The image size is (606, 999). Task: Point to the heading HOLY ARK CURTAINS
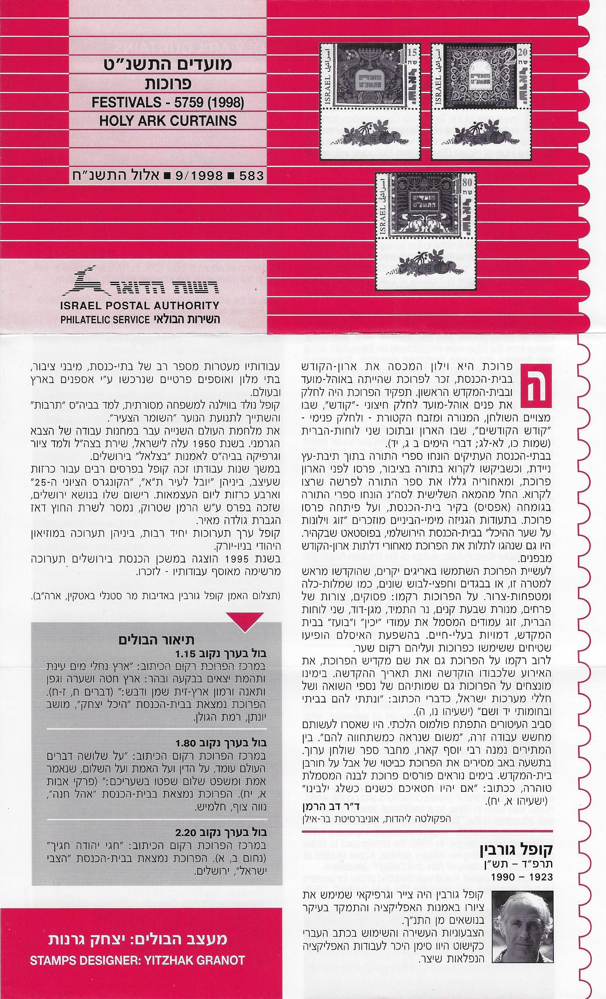(168, 121)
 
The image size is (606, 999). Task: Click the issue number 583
(251, 176)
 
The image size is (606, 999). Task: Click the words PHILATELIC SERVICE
(105, 319)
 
